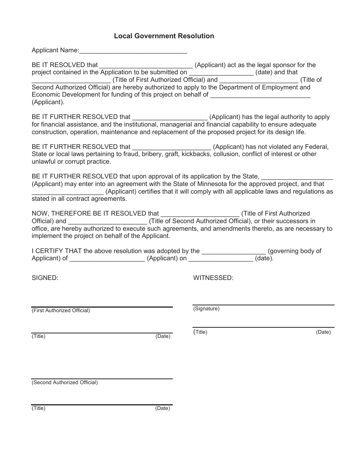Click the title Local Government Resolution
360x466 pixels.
point(164,36)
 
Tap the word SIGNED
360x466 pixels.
point(45,278)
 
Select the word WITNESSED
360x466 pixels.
point(213,278)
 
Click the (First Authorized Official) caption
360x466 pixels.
point(61,311)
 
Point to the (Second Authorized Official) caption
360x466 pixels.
point(65,383)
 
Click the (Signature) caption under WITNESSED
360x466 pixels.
point(207,309)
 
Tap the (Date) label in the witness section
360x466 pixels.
point(323,332)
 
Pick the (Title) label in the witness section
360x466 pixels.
point(200,332)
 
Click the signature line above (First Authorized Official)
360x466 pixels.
point(102,306)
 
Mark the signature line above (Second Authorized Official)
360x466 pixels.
point(102,378)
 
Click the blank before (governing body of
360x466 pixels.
point(234,252)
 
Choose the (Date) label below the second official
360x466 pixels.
point(163,408)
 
